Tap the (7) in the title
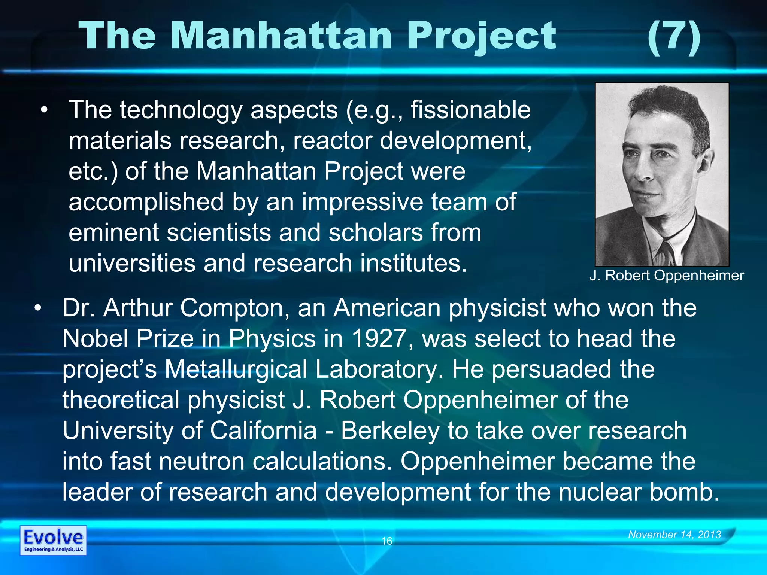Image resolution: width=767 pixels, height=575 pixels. pos(674,37)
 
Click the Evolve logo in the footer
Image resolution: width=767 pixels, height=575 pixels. pos(53,540)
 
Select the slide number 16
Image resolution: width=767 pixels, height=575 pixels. pos(386,541)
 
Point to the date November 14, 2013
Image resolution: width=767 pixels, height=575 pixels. pos(674,535)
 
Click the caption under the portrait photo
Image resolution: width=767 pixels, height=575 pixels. pos(666,276)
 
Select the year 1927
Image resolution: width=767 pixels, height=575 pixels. pos(379,338)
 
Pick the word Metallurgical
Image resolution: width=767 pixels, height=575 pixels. pos(236,369)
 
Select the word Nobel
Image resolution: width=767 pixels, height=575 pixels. pos(96,338)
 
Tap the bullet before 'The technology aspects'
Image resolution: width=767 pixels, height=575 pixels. pos(45,110)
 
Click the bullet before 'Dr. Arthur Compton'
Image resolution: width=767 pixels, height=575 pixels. pos(38,308)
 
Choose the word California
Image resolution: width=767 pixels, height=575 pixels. pos(263,431)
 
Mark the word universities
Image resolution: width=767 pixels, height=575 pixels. pos(132,263)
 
